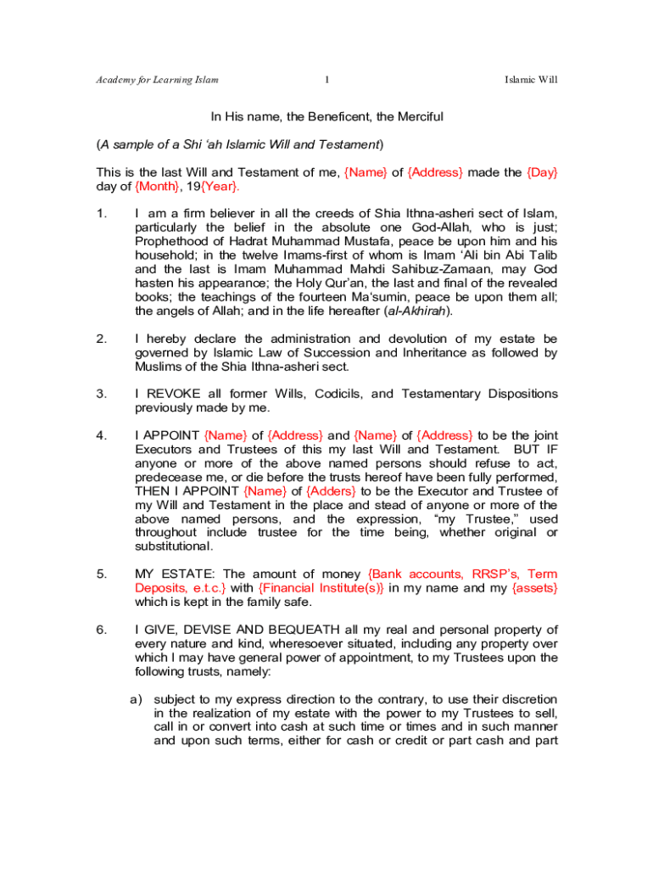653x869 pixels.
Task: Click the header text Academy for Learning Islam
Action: (x=157, y=80)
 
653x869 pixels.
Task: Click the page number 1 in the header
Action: (x=326, y=80)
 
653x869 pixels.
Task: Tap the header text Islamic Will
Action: (x=530, y=80)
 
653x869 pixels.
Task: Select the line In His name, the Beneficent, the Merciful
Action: (x=327, y=116)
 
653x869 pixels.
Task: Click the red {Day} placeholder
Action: (x=542, y=172)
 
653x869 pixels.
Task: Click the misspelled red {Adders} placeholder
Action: (x=332, y=491)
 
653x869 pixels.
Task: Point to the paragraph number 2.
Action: (x=101, y=339)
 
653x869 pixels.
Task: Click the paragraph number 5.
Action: (x=101, y=575)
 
